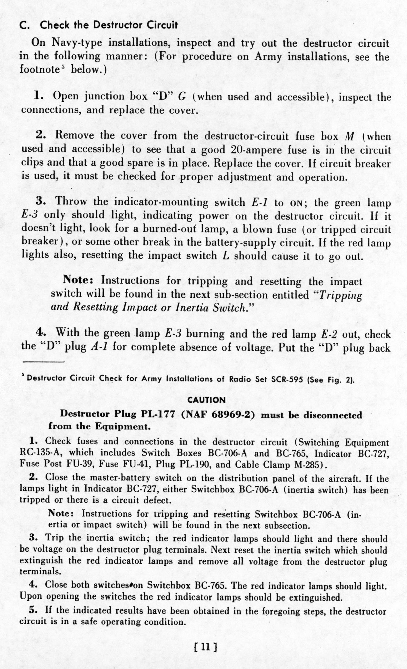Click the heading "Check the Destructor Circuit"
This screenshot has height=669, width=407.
[108, 25]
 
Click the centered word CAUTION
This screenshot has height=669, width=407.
[206, 400]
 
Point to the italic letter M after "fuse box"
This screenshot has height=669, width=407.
[348, 136]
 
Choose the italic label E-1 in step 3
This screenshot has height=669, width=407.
[260, 203]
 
